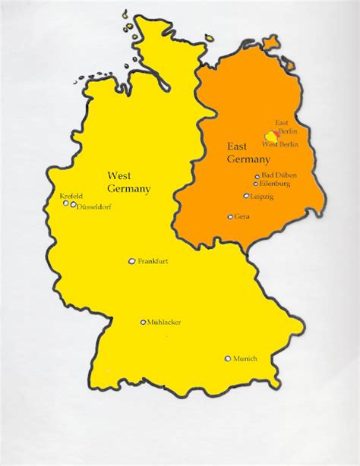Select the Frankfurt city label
tap(152, 261)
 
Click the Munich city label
tap(245, 358)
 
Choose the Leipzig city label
tap(262, 197)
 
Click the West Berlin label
tap(279, 144)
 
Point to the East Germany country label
tap(248, 153)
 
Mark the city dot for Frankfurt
tap(131, 261)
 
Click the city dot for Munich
tap(227, 358)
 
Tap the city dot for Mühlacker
tap(143, 322)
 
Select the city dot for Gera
tap(230, 216)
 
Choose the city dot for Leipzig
tap(246, 196)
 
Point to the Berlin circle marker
tap(270, 135)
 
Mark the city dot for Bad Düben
tap(257, 176)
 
